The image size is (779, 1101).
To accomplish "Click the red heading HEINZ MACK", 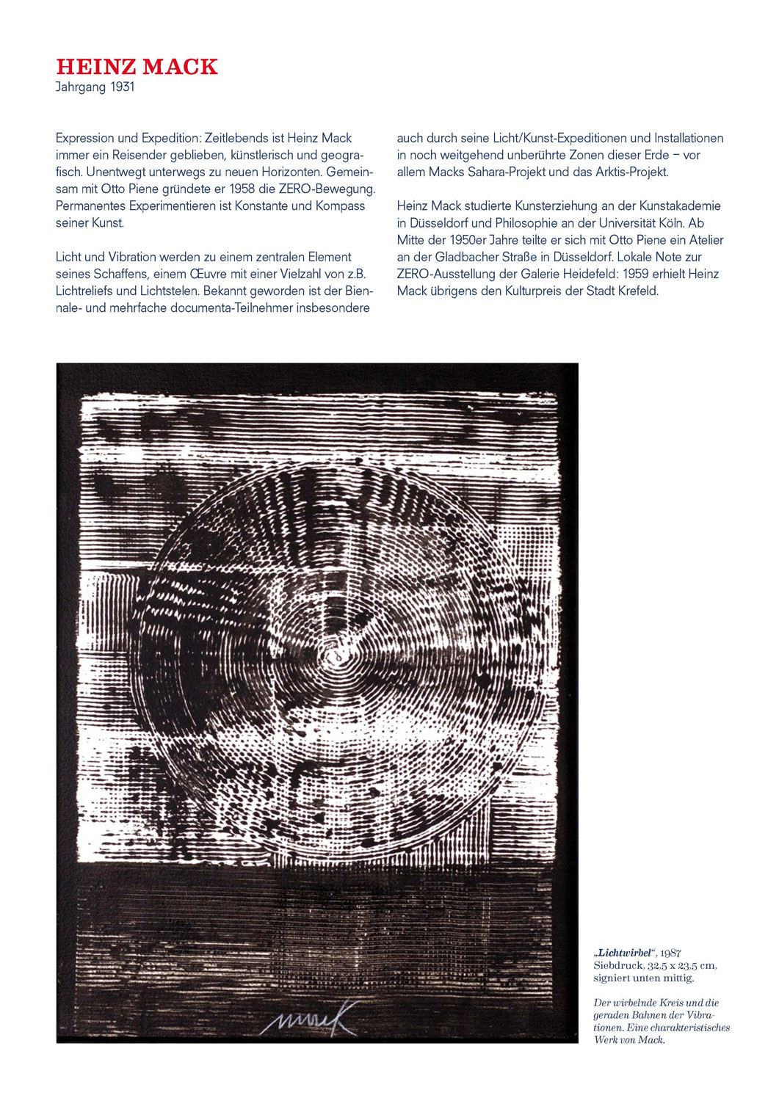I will [x=137, y=67].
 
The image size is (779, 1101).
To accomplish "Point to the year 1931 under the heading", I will [x=123, y=87].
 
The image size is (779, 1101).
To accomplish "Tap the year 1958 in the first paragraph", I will [x=242, y=189].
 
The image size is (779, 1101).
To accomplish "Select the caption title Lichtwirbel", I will [x=625, y=953].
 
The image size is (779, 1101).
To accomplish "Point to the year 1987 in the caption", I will [x=670, y=953].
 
